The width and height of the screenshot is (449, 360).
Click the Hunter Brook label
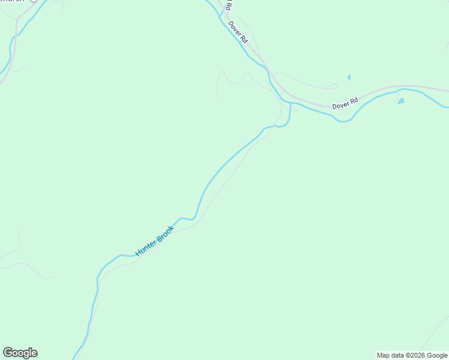155,241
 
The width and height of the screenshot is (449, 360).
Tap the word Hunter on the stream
146,248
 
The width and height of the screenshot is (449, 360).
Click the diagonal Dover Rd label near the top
238,32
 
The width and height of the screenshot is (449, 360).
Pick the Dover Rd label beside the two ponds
345,103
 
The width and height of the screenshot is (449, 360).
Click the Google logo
20,353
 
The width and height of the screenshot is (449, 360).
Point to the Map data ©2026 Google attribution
412,355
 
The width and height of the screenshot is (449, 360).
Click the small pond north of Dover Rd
349,77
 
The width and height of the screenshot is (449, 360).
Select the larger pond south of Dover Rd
400,101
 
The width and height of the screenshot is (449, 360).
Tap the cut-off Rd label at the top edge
228,4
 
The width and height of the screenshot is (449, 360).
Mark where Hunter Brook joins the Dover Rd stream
291,103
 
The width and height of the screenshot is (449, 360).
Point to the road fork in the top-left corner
17,20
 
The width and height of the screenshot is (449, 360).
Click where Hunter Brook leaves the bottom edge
74,358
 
